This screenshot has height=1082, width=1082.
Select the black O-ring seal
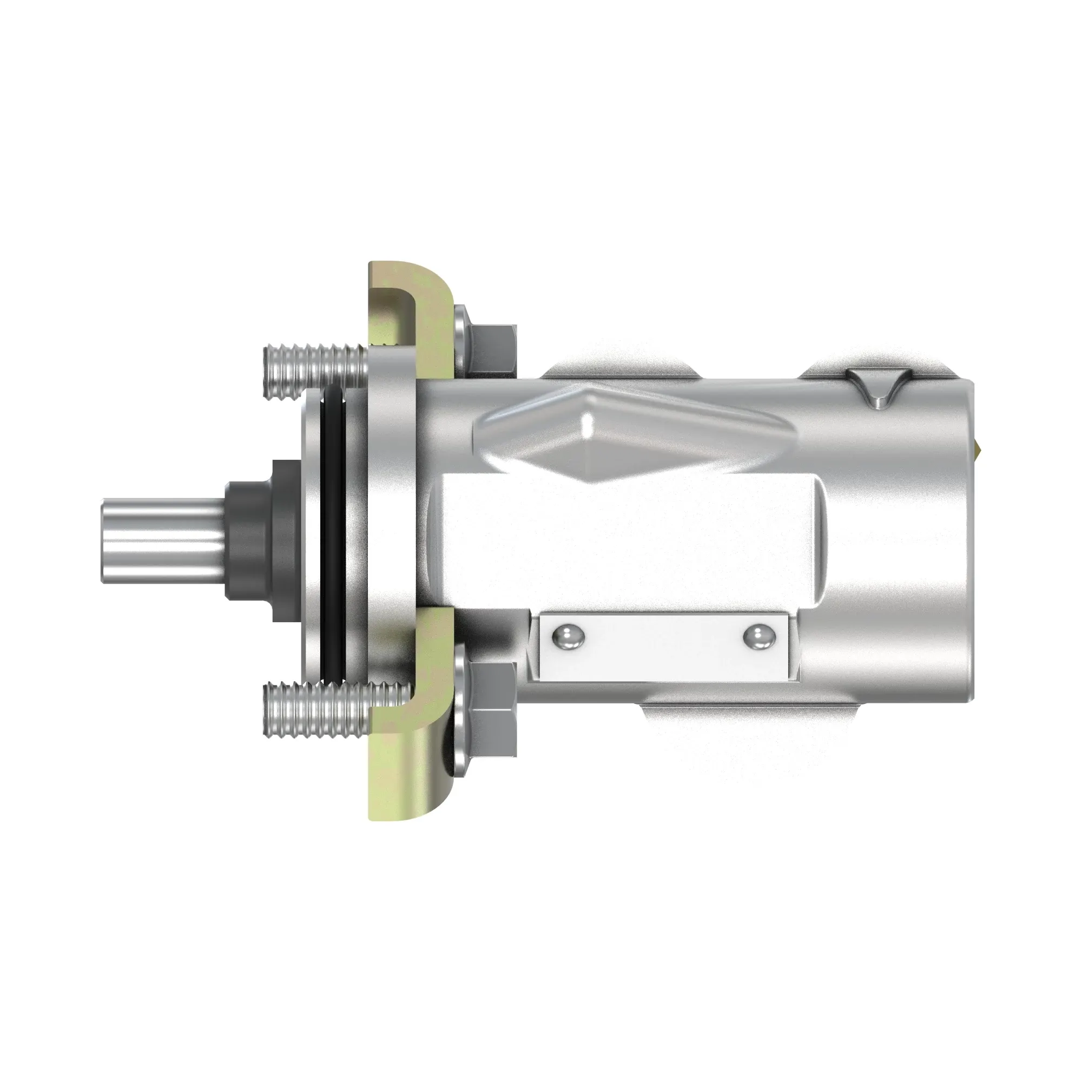click(x=333, y=538)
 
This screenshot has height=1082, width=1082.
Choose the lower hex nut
click(x=492, y=709)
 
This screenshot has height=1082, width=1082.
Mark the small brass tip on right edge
click(x=978, y=445)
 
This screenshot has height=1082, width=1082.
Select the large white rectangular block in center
click(x=627, y=540)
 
